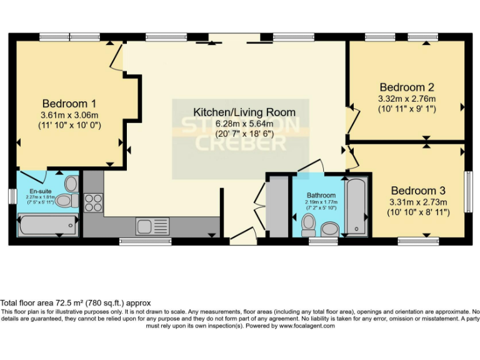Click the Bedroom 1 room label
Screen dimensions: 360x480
[x=69, y=103]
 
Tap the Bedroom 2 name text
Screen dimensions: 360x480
[x=406, y=87]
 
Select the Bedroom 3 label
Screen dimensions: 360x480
[x=418, y=191]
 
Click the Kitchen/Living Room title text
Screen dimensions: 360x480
[x=244, y=112]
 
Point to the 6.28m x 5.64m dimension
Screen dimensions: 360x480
[x=244, y=123]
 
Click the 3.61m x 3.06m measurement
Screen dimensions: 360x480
[x=69, y=115]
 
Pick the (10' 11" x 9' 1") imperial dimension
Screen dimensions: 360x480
[x=407, y=109]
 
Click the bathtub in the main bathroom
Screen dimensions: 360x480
[x=357, y=206]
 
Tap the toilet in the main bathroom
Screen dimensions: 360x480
[x=308, y=224]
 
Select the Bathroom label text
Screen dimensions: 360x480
[x=321, y=195]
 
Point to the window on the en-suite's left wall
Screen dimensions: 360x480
[x=12, y=195]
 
